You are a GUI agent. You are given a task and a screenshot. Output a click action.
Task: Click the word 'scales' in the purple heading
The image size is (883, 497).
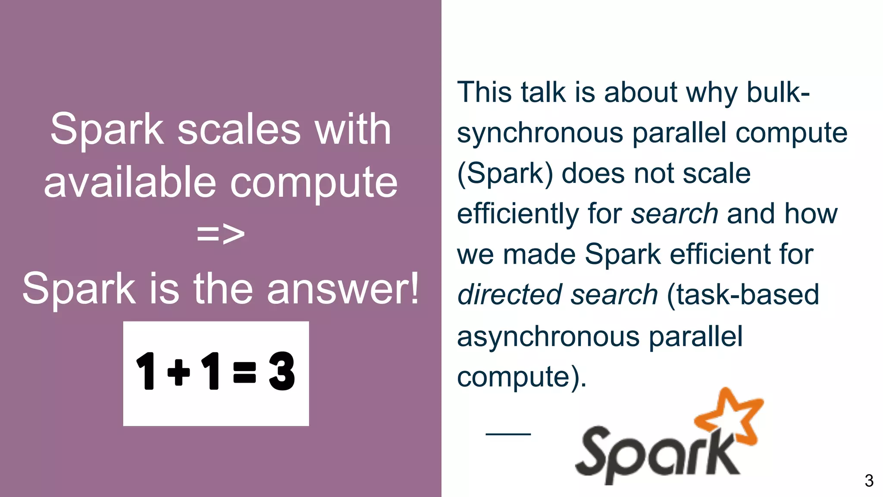(x=239, y=129)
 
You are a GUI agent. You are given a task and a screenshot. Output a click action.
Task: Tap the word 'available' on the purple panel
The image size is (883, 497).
(x=129, y=182)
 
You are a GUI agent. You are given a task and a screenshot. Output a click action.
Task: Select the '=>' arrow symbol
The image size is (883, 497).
(x=221, y=234)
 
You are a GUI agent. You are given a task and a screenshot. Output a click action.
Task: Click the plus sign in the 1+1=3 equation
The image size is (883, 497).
(x=178, y=371)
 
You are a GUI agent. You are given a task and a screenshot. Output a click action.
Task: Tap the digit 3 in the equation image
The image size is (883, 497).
(x=282, y=371)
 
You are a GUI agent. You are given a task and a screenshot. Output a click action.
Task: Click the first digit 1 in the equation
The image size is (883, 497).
(x=147, y=371)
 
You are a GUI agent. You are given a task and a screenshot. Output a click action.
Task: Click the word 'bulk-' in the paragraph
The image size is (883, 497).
(x=778, y=92)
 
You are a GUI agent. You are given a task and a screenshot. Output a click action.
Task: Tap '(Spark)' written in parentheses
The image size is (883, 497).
(x=505, y=174)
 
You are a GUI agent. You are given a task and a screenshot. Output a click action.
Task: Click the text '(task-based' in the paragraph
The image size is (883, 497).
(x=742, y=295)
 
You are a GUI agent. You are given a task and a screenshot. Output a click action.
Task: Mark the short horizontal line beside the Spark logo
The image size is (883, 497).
(x=508, y=434)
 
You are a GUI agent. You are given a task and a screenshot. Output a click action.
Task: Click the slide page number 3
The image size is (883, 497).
(x=869, y=481)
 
